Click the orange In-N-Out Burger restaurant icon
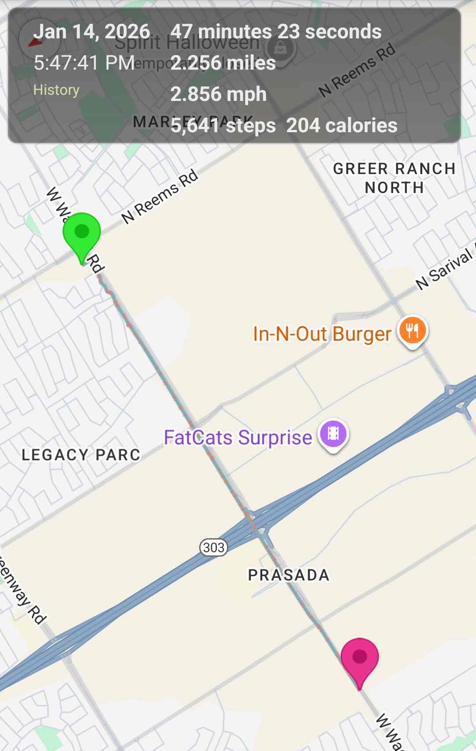point(413,331)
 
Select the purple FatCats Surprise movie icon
point(333,434)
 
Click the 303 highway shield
point(214,547)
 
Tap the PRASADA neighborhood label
point(289,575)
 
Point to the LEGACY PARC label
point(81,455)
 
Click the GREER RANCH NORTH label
point(394,178)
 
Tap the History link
point(56,90)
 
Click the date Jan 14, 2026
point(92,32)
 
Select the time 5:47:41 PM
point(84,63)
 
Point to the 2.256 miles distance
point(223,63)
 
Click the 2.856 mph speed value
point(219,94)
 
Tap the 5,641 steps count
point(223,126)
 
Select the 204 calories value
point(342,126)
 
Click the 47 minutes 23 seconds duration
point(276,32)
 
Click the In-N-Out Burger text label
point(322,334)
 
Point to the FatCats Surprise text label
point(238,438)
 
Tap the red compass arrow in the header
point(35,42)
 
